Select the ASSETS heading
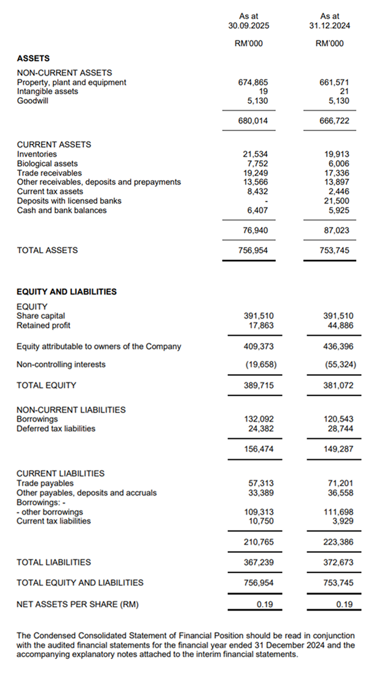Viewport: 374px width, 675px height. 33,58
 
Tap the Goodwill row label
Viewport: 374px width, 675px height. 33,101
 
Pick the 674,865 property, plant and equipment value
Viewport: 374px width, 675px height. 253,82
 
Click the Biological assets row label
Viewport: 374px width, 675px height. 47,164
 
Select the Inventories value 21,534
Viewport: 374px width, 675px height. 255,154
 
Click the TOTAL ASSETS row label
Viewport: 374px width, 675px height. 47,250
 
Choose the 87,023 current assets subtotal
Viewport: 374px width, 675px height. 337,230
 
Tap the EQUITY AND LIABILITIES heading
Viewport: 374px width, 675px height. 66,292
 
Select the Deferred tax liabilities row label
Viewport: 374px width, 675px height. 56,428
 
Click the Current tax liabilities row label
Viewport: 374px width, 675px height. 53,521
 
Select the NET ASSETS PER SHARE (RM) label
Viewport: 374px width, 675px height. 77,604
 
